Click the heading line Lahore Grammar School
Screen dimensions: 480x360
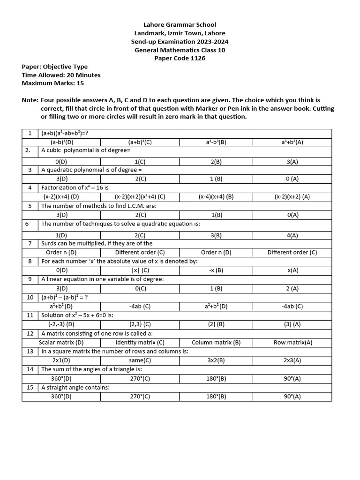click(x=180, y=25)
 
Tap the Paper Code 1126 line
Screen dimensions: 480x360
click(x=180, y=59)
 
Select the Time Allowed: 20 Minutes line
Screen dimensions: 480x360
click(x=61, y=75)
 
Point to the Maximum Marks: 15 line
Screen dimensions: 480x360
click(x=53, y=83)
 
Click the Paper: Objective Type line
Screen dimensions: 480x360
click(x=54, y=67)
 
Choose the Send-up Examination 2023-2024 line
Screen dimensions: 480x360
click(x=180, y=42)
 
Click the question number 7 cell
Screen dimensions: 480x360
click(x=30, y=243)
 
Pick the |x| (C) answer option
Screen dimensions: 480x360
click(x=140, y=270)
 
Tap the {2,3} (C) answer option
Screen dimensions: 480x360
click(x=140, y=324)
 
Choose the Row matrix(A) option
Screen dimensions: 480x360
click(x=293, y=342)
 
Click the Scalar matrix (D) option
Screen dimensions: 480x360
click(x=61, y=342)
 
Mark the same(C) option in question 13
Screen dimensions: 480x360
click(x=140, y=360)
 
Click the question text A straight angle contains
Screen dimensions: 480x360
click(x=75, y=388)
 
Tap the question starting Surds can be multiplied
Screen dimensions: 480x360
click(x=97, y=243)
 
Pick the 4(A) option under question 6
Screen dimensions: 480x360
click(x=293, y=235)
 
